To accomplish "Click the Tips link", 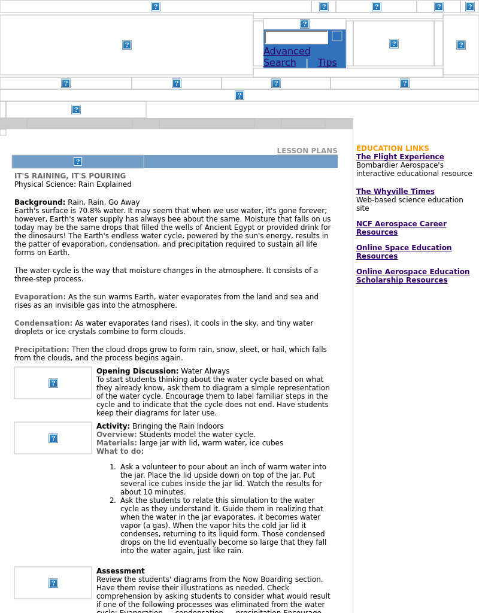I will (x=327, y=63).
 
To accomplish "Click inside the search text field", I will (x=296, y=38).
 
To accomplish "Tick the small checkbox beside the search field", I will (x=337, y=36).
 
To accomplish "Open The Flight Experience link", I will (x=400, y=157).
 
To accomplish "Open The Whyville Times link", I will (x=395, y=192).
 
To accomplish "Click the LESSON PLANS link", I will (x=307, y=151).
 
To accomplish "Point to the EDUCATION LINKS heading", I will (x=392, y=148).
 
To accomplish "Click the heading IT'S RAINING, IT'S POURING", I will (x=70, y=176).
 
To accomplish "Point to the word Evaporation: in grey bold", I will (x=40, y=297).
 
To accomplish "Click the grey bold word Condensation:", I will (x=43, y=323).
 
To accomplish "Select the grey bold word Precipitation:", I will (x=42, y=350).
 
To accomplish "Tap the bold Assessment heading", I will (x=120, y=571).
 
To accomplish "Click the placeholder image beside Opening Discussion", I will (x=53, y=383).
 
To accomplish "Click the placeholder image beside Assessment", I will (x=53, y=583).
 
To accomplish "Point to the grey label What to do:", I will (x=120, y=451).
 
